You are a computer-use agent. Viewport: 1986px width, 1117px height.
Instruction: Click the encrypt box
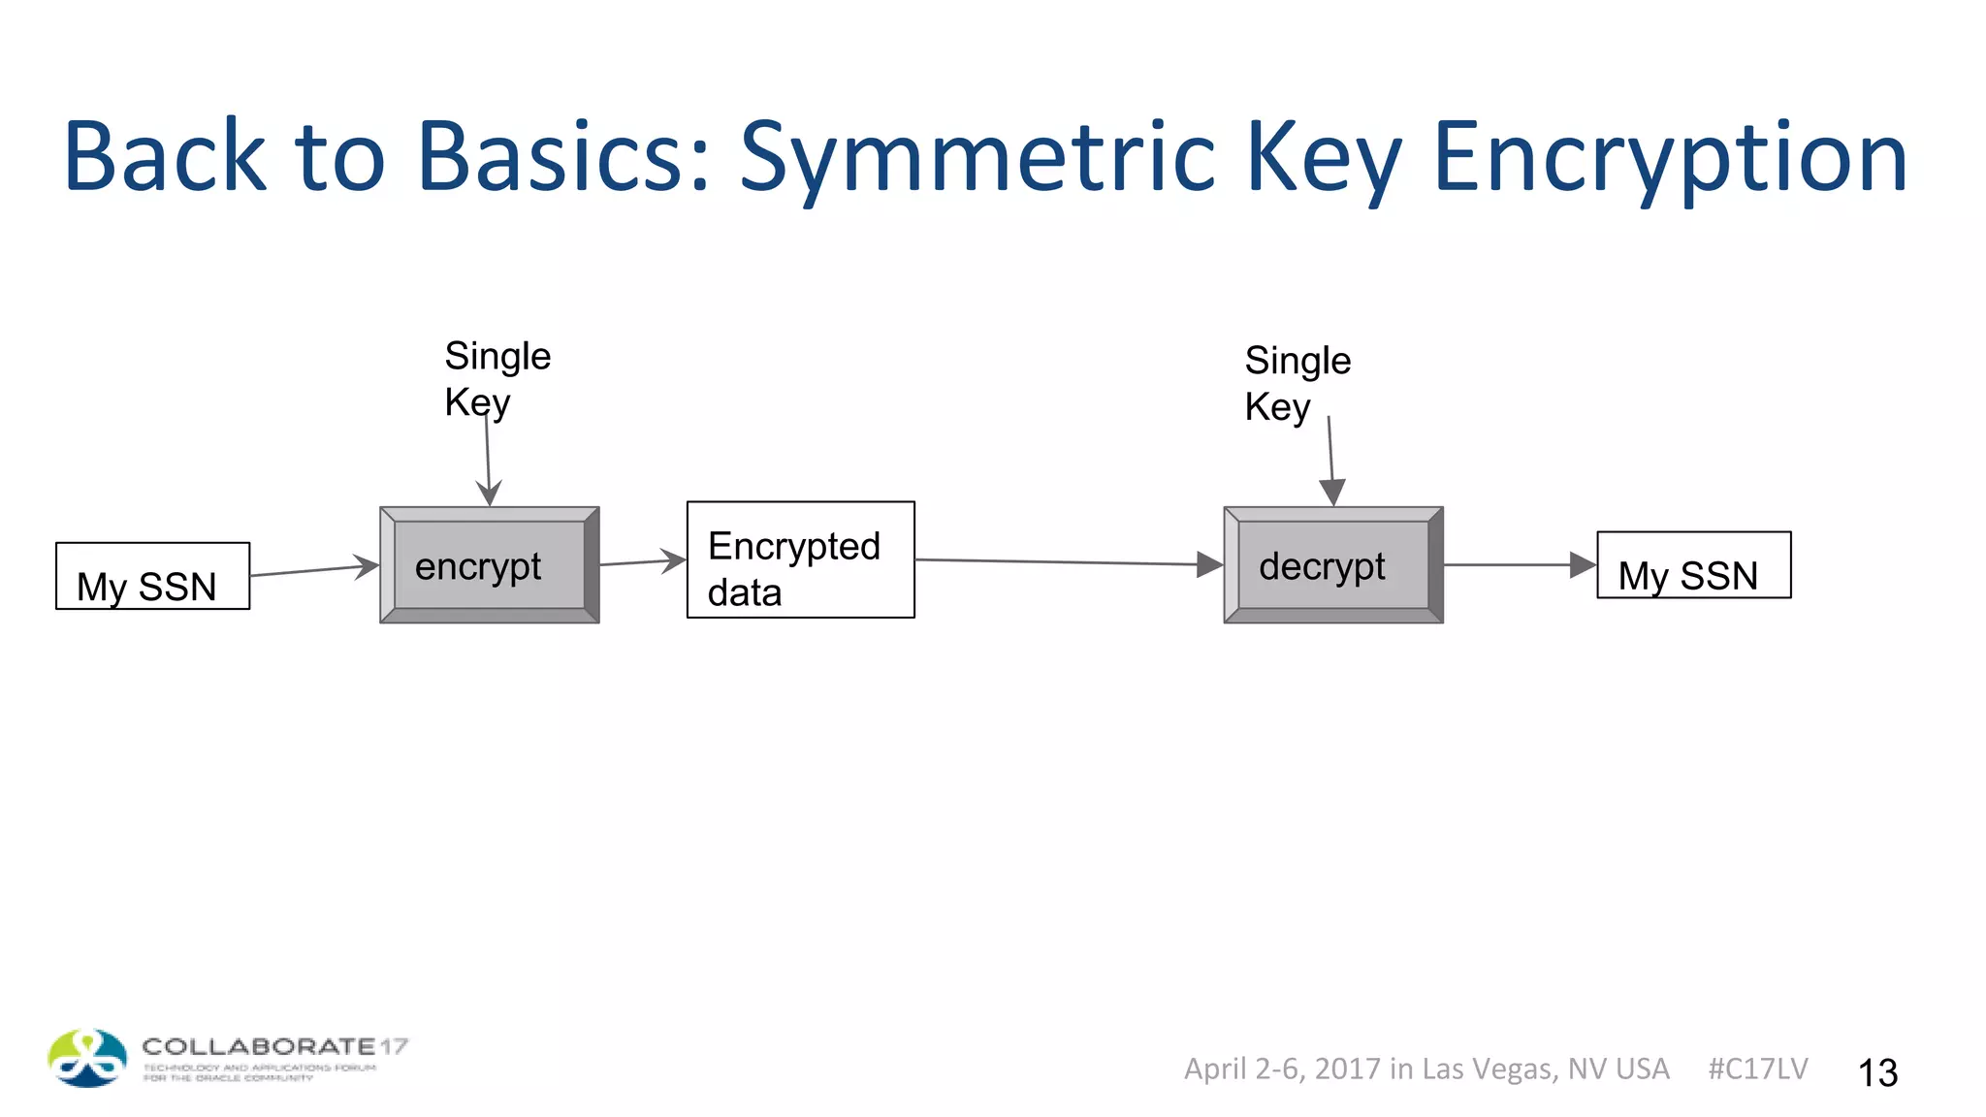pos(489,565)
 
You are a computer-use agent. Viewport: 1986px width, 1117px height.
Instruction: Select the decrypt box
pos(1333,565)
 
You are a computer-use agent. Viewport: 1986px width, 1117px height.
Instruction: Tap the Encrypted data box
pos(800,559)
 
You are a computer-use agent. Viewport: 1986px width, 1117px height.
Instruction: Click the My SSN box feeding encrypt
pos(152,576)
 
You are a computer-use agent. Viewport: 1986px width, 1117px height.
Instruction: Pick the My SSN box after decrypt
pos(1693,565)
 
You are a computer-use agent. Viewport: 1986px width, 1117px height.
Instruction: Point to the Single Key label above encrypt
pos(496,379)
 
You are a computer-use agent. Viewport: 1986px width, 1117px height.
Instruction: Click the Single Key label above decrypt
pos(1297,383)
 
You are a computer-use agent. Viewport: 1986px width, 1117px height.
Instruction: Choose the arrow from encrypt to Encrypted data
pos(642,561)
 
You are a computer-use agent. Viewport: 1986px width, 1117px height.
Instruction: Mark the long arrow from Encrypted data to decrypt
pos(1067,562)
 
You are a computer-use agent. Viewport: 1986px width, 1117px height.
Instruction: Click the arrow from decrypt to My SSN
pos(1519,564)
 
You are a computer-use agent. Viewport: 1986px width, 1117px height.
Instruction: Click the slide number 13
pos(1877,1072)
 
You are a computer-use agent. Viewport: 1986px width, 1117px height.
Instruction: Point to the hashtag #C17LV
pos(1757,1069)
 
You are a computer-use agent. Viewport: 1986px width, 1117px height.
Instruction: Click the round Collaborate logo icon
pos(87,1058)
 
